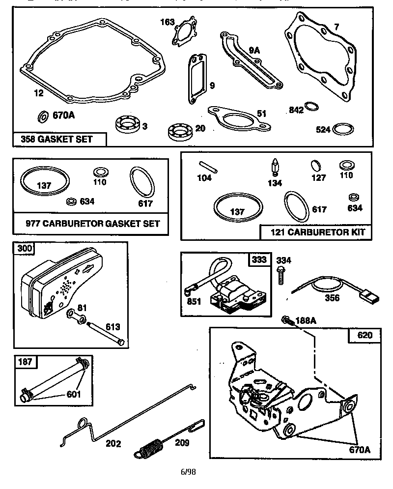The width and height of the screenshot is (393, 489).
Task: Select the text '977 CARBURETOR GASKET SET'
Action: click(x=93, y=224)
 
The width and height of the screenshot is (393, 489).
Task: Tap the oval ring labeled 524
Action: click(x=343, y=129)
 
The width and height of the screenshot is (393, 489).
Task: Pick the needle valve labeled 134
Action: click(x=275, y=168)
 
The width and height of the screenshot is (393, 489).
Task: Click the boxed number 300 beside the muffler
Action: click(x=25, y=248)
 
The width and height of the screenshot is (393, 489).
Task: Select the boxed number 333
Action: click(x=260, y=259)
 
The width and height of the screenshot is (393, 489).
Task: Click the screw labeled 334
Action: click(x=282, y=274)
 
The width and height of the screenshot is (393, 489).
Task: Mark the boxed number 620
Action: click(x=361, y=336)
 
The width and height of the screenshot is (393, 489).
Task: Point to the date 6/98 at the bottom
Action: click(x=188, y=472)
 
